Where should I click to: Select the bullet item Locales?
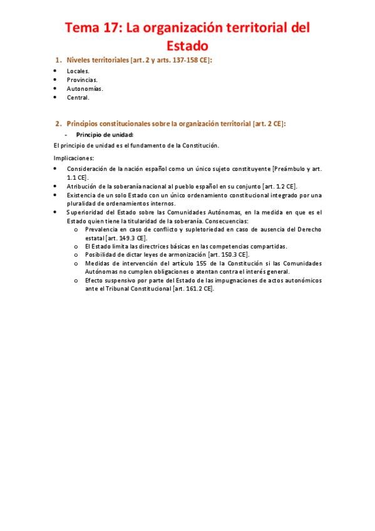[x=78, y=71]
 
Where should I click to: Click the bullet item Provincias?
[x=82, y=80]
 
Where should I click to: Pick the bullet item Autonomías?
[x=85, y=88]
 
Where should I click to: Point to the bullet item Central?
[x=78, y=97]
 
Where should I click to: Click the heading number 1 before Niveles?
[x=58, y=60]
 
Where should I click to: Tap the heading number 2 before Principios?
[x=58, y=123]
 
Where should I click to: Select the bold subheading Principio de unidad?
[x=105, y=135]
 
